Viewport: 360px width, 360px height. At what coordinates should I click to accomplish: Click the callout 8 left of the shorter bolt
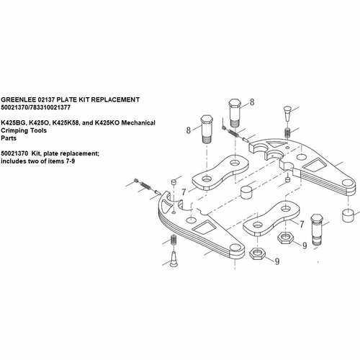point(189,130)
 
